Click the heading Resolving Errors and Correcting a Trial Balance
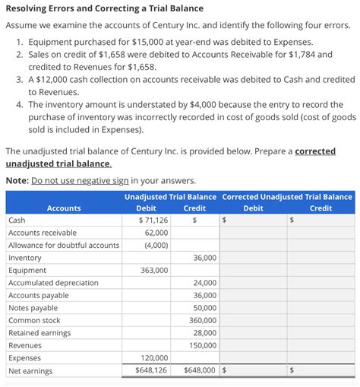(104, 8)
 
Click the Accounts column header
(64, 208)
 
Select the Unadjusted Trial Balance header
(171, 196)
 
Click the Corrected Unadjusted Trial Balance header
(287, 196)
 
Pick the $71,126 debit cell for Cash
(154, 220)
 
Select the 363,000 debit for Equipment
(154, 270)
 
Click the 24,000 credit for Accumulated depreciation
(204, 283)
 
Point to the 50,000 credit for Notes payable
(204, 308)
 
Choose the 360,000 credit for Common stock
(201, 320)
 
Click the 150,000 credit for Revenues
(201, 345)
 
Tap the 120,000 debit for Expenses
(154, 357)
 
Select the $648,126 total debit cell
(152, 370)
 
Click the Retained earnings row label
(39, 333)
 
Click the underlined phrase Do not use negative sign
(80, 180)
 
